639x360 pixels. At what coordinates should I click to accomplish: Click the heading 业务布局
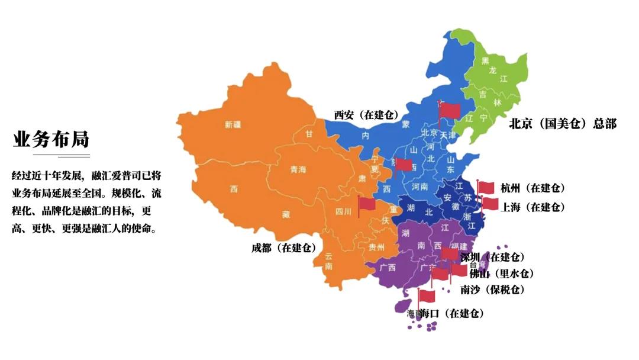(x=51, y=139)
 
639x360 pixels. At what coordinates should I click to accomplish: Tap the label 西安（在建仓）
(x=366, y=115)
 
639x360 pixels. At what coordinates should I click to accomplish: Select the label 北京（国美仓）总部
(x=563, y=124)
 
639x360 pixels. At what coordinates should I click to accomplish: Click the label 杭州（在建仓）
(x=532, y=188)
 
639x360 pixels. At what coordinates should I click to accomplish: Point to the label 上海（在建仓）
(x=532, y=207)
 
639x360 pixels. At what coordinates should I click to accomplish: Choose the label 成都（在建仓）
(x=283, y=247)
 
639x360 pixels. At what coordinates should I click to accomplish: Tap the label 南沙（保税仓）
(x=492, y=290)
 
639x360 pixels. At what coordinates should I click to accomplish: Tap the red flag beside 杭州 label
(x=486, y=187)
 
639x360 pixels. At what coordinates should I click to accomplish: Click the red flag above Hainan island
(x=427, y=295)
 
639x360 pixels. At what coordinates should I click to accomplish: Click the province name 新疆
(x=233, y=124)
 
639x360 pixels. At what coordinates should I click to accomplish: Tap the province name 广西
(x=388, y=267)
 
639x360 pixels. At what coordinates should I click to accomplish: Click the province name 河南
(x=419, y=186)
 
